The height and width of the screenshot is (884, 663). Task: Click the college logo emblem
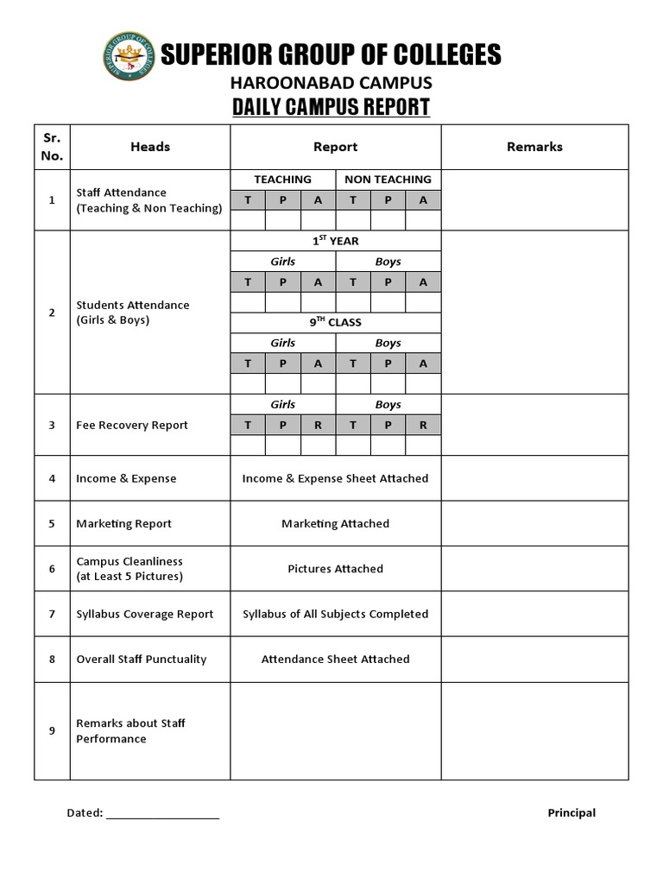129,56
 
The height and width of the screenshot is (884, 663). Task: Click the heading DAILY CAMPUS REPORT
331,108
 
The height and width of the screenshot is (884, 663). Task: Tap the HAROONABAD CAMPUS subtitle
331,83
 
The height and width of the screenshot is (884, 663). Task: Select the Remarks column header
534,147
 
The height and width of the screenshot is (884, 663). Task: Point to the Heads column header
150,147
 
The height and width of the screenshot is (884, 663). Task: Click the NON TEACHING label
388,180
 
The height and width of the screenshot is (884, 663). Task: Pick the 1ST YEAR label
335,241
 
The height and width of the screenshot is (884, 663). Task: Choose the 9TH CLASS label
335,322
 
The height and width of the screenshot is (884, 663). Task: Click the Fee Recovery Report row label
132,425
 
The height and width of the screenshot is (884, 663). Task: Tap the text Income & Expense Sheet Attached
335,478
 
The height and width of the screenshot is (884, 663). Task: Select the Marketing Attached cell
335,523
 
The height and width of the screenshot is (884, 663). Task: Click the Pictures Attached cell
335,569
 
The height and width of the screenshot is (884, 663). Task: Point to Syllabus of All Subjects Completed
335,614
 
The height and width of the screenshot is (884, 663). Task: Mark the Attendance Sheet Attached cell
335,659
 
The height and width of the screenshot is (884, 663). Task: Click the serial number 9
52,730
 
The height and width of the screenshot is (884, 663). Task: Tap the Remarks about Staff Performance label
131,730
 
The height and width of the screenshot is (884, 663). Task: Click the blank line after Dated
163,814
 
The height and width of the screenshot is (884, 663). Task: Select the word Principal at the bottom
571,812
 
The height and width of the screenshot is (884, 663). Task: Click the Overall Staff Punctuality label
142,659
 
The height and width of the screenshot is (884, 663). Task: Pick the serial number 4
52,478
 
